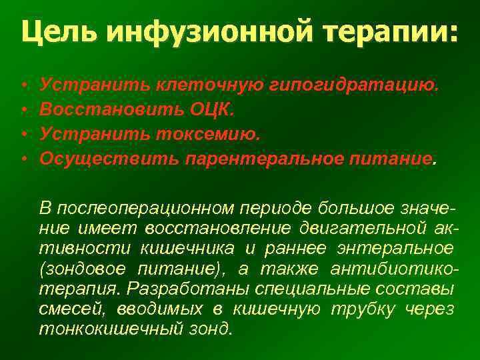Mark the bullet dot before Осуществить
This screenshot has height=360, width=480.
pos(24,159)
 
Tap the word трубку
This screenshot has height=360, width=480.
pos(363,309)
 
